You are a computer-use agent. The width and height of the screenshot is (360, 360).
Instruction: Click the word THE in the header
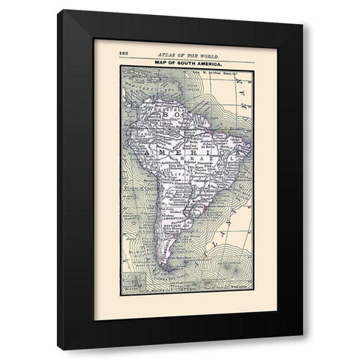click(187, 55)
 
